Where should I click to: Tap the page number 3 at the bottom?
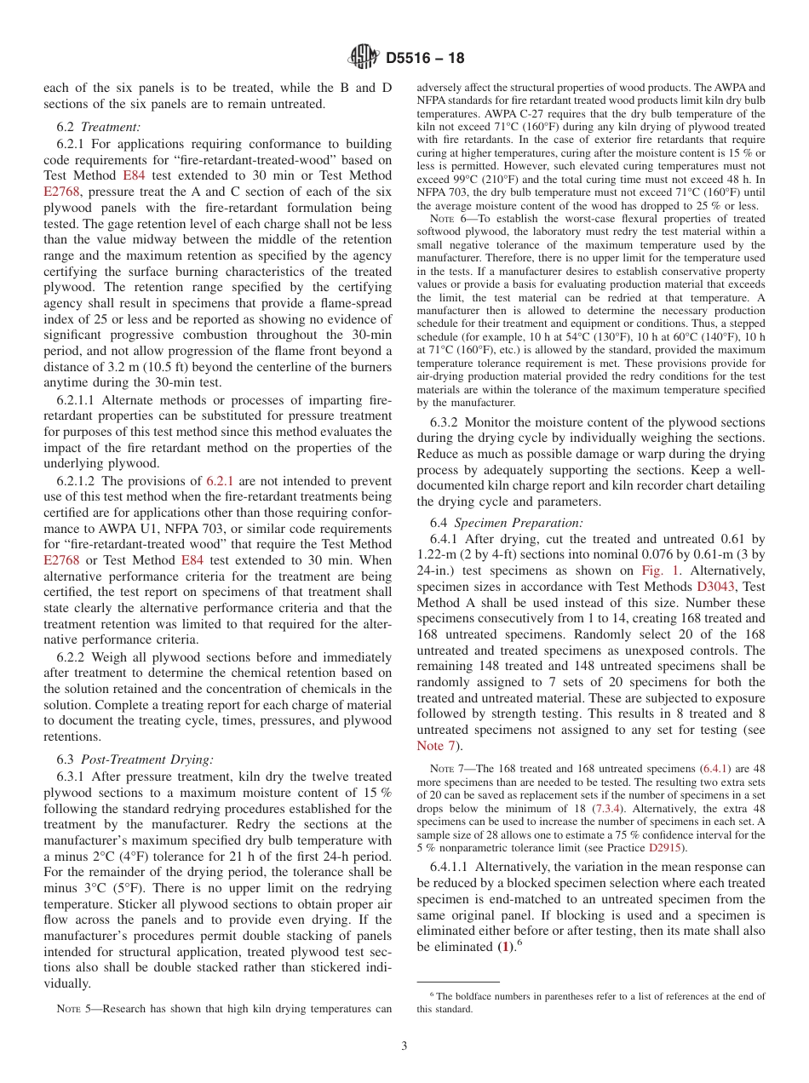click(x=404, y=1046)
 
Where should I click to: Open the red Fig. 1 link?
click(x=657, y=570)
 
